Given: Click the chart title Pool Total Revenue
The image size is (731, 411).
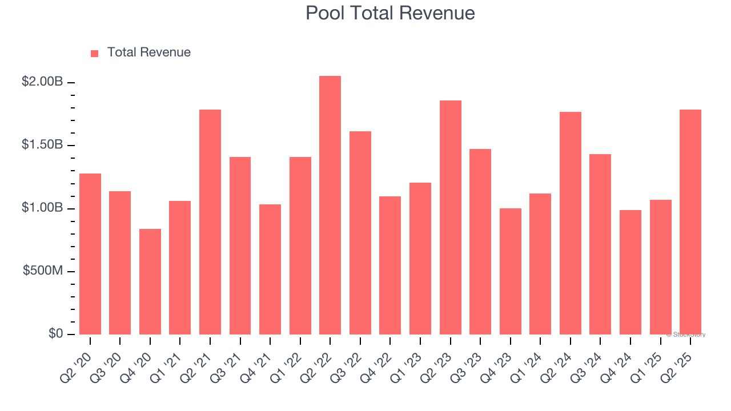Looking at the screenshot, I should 390,13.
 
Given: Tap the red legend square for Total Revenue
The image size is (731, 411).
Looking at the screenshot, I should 95,53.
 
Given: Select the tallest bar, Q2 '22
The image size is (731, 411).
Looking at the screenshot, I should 330,205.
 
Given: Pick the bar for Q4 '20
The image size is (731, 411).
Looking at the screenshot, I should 150,281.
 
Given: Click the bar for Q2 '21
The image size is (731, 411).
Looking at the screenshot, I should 210,222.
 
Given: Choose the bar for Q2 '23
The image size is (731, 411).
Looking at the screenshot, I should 451,217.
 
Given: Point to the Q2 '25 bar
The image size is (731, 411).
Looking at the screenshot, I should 690,222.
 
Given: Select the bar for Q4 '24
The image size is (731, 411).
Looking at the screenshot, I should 630,272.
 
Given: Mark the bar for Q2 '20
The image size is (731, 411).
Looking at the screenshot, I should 90,254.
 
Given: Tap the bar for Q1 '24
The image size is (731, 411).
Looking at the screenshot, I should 540,264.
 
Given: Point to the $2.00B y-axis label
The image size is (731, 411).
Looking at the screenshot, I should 42,82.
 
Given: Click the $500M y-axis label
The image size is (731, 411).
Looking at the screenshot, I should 43,271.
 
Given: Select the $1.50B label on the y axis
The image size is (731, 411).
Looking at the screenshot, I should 42,145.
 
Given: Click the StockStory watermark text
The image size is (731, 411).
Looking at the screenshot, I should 686,335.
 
